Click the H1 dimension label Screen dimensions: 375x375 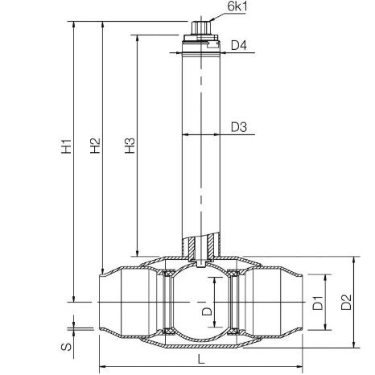coord(66,146)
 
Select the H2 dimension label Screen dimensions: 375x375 coord(95,146)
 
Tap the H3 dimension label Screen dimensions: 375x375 coord(130,146)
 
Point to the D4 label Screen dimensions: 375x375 coord(239,45)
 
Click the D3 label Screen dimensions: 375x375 coord(239,127)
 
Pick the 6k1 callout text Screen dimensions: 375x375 coord(237,6)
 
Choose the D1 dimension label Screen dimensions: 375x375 coord(318,303)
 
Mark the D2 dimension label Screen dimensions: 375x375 coord(346,303)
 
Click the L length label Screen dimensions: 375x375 coord(201,359)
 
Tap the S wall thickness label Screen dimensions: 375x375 coord(66,347)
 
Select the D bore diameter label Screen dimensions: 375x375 coord(207,311)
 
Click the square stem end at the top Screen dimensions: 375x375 coord(201,28)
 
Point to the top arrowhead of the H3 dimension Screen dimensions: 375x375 coord(138,38)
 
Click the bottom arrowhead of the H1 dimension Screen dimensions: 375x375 coord(74,299)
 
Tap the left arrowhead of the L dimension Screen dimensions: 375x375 coord(103,367)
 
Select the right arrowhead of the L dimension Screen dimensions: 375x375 coord(299,367)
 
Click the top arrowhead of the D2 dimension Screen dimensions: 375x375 coord(354,260)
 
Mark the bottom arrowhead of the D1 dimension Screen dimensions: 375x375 coord(325,327)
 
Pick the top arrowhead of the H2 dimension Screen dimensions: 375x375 coord(102,24)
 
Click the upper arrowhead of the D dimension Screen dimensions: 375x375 coord(214,281)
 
